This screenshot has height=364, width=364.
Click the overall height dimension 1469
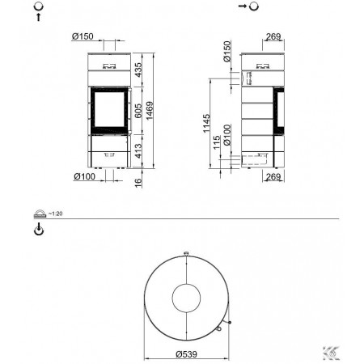click(149, 111)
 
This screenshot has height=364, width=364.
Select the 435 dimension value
click(138, 70)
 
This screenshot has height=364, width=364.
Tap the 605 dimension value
click(138, 111)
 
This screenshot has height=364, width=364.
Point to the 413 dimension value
click(138, 150)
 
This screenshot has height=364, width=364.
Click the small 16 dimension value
click(138, 181)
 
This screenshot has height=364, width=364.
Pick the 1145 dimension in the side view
click(206, 123)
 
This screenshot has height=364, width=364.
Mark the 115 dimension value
click(217, 142)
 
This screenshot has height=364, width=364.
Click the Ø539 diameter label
click(186, 354)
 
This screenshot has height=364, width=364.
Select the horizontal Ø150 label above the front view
click(83, 36)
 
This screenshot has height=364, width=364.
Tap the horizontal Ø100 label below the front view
click(85, 176)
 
